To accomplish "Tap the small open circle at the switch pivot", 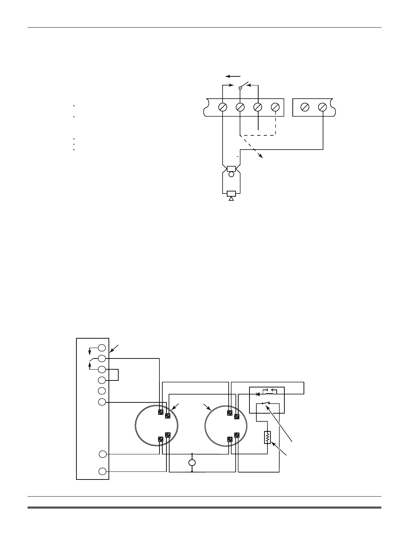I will pos(240,88).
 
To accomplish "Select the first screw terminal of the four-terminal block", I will pos(223,107).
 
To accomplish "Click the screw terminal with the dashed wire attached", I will pos(276,107).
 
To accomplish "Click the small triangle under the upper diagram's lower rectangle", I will pos(231,199).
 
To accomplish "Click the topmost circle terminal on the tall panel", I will pos(102,348).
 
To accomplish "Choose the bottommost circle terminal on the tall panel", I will pos(102,471).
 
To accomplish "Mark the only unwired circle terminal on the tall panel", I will pos(102,391).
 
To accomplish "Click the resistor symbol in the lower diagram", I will pos(267,438).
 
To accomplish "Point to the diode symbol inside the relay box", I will pos(258,394).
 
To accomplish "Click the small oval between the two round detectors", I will pos(192,463).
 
